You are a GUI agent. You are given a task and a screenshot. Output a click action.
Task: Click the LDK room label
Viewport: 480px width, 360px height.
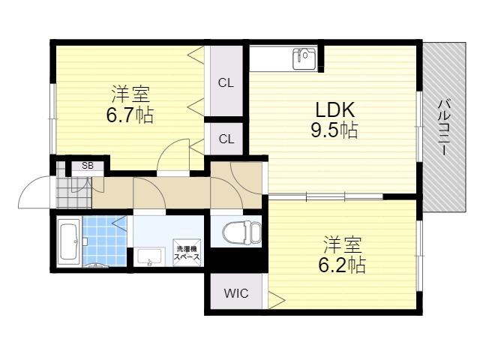coord(335,109)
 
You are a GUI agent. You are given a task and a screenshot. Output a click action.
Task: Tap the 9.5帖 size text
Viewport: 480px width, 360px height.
coord(334,130)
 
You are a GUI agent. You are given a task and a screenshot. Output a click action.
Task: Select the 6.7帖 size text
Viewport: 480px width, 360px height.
coord(130,115)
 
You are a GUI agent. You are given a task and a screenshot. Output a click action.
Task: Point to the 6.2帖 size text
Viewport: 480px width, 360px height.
coord(342,265)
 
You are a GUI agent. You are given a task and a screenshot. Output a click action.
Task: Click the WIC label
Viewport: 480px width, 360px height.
coord(236,293)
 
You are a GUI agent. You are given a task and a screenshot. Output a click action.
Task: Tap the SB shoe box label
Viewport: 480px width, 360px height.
coord(88,166)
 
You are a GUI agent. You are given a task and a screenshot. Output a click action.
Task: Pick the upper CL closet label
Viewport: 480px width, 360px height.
coord(226,82)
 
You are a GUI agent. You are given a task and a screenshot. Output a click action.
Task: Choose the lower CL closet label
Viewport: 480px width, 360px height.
coord(226,139)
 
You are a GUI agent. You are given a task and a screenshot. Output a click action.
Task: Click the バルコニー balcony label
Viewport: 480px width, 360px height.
coord(445,128)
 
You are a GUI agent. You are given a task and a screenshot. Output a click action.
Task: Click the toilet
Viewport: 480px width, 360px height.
coord(242,234)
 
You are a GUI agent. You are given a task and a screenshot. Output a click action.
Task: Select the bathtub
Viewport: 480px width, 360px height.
coord(69,241)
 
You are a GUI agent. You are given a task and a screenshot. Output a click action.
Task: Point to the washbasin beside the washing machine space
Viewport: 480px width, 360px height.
coord(149,257)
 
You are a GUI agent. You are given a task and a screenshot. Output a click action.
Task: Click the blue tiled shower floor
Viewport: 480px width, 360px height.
coord(104,241)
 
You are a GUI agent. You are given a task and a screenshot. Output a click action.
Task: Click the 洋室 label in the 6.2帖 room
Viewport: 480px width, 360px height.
coord(343,245)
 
